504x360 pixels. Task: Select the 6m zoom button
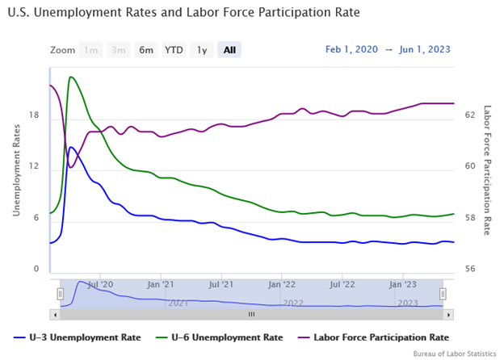(x=146, y=50)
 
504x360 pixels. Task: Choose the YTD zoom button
(x=174, y=50)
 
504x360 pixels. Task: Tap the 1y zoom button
(x=202, y=50)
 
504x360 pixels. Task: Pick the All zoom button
(x=229, y=50)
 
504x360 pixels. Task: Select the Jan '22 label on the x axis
(x=282, y=284)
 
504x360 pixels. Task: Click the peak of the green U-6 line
(x=72, y=77)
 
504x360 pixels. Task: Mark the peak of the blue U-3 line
(x=72, y=147)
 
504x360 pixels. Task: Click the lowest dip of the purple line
(x=71, y=167)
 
